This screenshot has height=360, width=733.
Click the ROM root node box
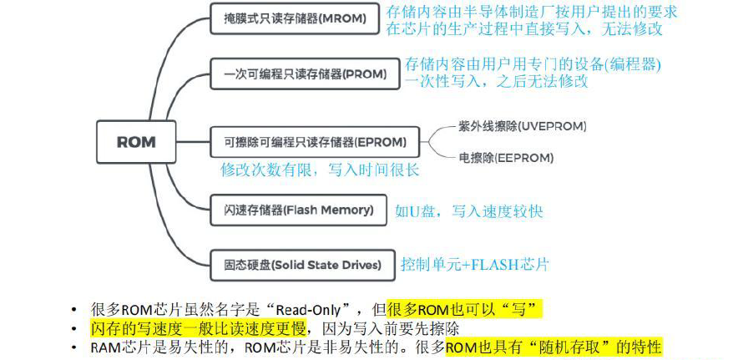tap(135, 141)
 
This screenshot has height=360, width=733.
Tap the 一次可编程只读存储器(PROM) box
tap(305, 74)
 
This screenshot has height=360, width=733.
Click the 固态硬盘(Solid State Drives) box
tap(302, 265)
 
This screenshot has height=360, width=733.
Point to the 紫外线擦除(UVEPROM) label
tap(522, 126)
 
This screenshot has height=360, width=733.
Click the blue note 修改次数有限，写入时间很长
tap(320, 170)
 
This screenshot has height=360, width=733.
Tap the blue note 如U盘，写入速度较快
tap(468, 211)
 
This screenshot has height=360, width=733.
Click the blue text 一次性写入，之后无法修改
tap(496, 81)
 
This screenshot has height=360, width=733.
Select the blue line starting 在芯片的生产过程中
tap(524, 28)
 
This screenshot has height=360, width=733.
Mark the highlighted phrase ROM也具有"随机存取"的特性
tap(554, 345)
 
